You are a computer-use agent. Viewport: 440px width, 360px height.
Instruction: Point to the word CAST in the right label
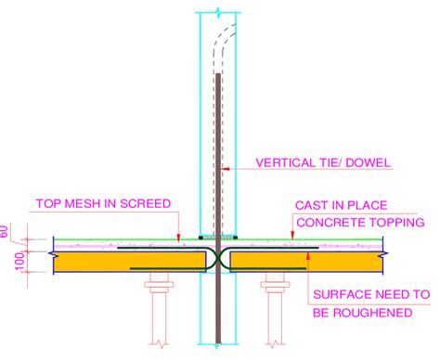click(314, 204)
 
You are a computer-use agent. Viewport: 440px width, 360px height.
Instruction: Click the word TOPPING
click(395, 222)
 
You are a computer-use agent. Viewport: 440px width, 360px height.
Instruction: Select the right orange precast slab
click(306, 263)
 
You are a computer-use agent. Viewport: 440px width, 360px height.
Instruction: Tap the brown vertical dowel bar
click(217, 186)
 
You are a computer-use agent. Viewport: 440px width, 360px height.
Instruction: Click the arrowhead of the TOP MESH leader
click(178, 236)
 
